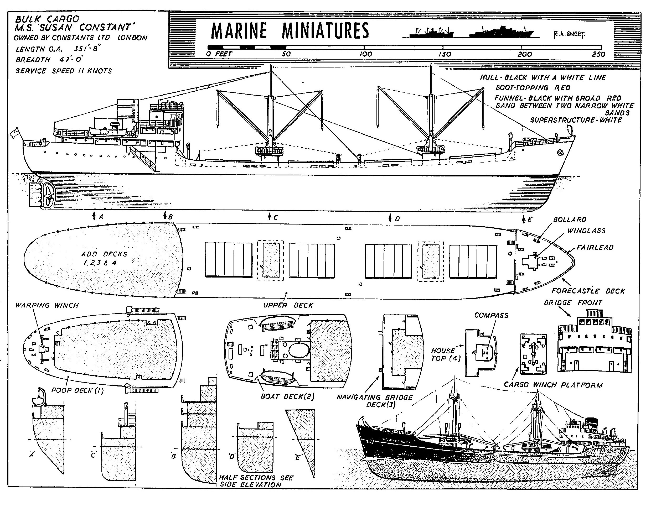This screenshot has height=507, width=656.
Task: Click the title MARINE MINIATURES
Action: (x=290, y=31)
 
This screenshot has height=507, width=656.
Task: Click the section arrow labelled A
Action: (x=94, y=216)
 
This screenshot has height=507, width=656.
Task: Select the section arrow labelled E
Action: (x=523, y=219)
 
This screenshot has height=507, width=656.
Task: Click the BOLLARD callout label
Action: (x=570, y=219)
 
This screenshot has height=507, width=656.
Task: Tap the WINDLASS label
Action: (x=586, y=231)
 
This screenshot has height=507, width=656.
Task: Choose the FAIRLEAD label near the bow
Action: (x=595, y=247)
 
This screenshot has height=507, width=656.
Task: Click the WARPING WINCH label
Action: (x=47, y=305)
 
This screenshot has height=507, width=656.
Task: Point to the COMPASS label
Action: (x=491, y=315)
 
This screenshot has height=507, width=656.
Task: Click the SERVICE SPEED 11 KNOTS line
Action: (x=64, y=71)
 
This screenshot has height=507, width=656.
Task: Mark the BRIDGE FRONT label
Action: (x=573, y=302)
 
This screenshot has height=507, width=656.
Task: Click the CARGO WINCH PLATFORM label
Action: (x=553, y=385)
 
